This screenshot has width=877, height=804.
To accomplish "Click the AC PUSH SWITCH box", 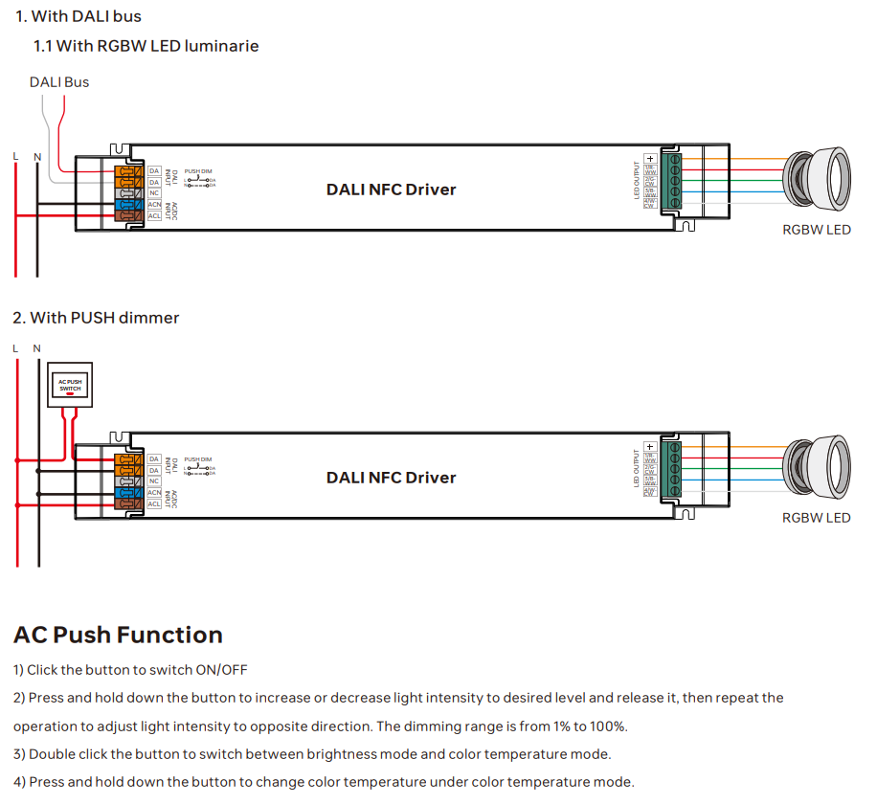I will (71, 385).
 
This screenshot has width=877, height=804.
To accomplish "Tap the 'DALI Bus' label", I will (59, 82).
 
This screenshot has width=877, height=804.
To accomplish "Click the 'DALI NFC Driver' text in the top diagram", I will (391, 190).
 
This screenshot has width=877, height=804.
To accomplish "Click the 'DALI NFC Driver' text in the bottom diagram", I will (391, 478).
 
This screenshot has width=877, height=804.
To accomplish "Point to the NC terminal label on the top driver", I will (154, 192).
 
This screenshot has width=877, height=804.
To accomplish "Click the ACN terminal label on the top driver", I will (154, 204).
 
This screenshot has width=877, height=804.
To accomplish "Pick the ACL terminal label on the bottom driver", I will (154, 503).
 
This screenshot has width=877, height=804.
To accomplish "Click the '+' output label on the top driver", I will (650, 158).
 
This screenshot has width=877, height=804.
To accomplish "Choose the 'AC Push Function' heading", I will (118, 636).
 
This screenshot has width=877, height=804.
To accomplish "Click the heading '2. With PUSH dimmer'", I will (96, 318).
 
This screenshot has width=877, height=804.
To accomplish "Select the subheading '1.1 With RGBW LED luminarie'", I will (146, 46).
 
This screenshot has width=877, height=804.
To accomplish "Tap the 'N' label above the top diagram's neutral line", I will (37, 157).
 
